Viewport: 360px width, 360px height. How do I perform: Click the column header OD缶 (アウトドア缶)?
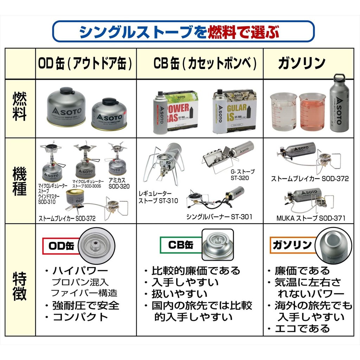pos(86,64)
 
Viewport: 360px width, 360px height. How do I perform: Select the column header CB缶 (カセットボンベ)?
pos(205,64)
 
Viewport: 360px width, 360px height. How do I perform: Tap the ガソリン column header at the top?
pos(302,64)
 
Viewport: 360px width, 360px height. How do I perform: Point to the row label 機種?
pos(20,180)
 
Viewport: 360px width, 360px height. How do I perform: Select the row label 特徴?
pos(20,285)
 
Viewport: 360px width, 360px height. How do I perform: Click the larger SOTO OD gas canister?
pos(66,107)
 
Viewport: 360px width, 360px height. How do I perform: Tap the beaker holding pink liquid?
pos(312,111)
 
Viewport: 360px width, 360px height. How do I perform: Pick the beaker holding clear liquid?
pos(283,111)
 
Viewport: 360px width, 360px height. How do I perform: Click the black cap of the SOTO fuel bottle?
pos(339,77)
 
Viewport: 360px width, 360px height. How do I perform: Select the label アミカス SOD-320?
pos(119,183)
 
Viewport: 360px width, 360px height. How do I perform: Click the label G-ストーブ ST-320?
pos(243,175)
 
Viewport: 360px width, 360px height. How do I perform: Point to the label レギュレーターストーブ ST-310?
pos(158,197)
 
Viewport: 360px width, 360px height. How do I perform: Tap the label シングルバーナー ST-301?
pos(219,217)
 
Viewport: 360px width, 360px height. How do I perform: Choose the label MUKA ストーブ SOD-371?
pos(310,218)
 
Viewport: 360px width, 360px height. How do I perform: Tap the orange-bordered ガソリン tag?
pos(292,245)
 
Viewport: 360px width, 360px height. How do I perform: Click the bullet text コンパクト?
pos(80,317)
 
